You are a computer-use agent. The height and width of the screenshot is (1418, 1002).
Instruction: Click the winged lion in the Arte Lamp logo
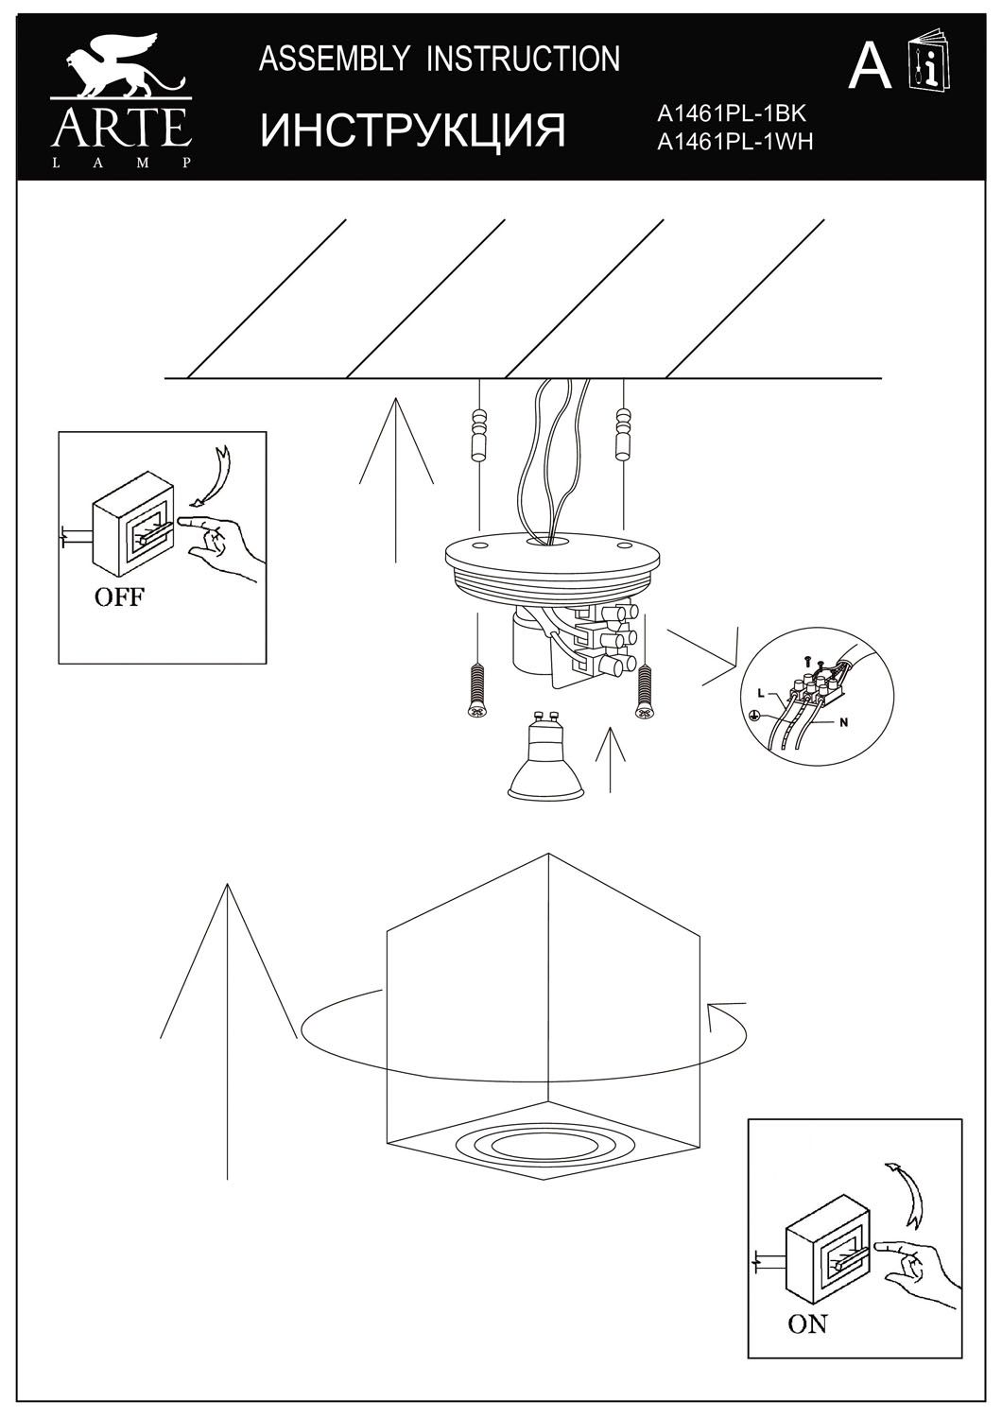point(119,72)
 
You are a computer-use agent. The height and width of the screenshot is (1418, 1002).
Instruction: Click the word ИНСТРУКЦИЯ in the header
point(413,130)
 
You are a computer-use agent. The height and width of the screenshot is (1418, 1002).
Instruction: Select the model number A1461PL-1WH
point(734,142)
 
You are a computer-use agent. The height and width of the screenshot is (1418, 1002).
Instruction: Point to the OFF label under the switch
point(118,597)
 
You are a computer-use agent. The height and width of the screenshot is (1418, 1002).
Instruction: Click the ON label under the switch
point(807,1324)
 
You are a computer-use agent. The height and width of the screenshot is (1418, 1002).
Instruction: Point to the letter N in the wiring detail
point(844,723)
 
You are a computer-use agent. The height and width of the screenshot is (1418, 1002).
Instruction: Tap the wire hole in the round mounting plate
point(553,542)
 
